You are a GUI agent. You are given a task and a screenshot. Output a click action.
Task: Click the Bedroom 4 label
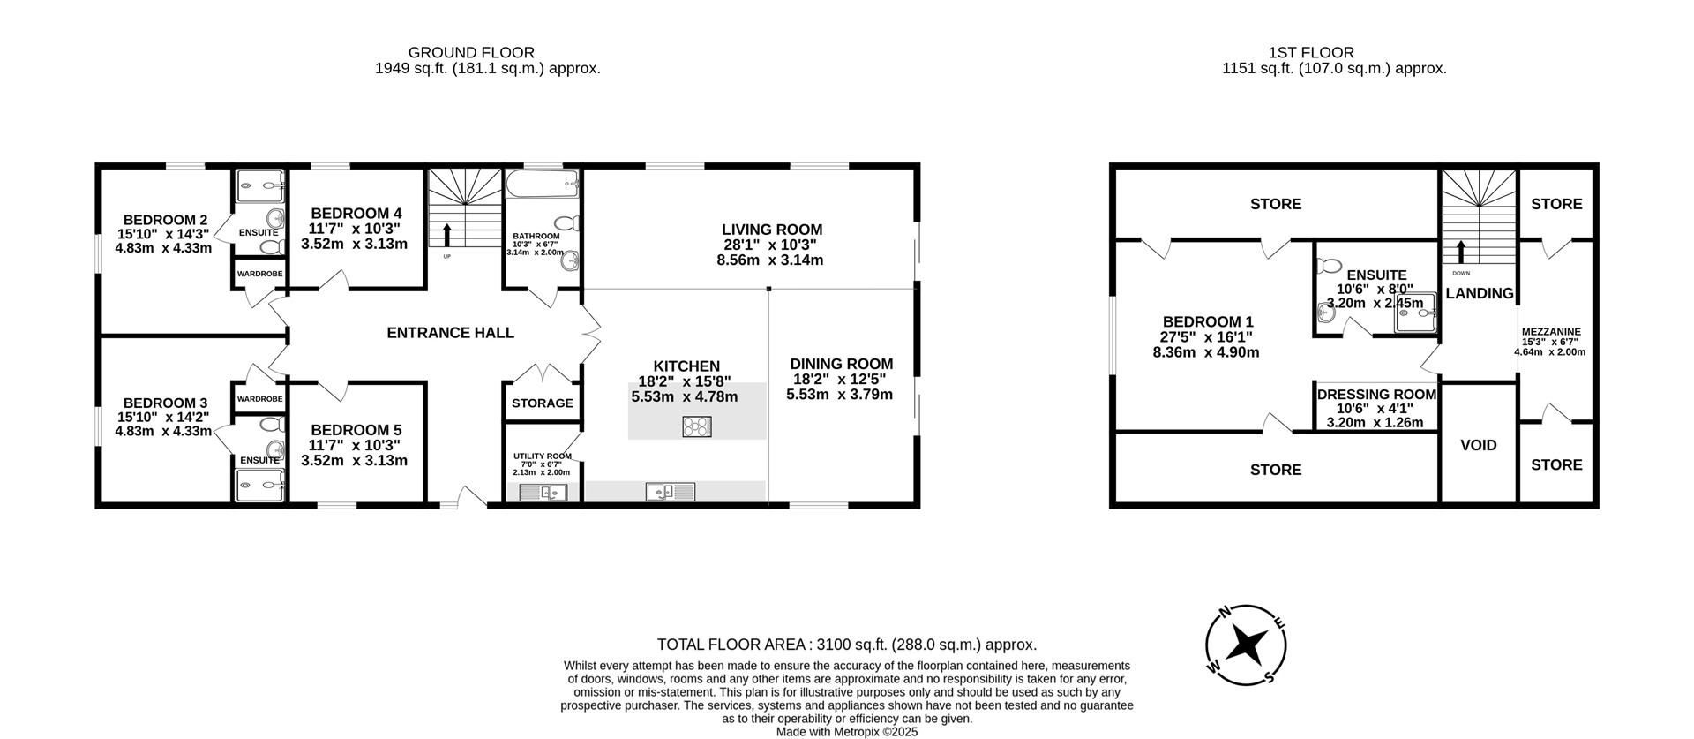pos(356,213)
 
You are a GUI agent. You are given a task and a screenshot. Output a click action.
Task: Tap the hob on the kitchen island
pos(697,427)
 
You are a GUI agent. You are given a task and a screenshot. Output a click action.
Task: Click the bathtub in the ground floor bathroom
pos(542,185)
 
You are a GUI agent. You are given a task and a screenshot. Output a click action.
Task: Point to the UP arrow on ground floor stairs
pos(446,235)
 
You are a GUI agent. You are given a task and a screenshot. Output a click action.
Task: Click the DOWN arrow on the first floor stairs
pos(1461,253)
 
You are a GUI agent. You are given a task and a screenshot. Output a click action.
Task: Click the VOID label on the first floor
pos(1479,445)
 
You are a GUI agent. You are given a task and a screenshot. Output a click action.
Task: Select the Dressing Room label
pos(1376,395)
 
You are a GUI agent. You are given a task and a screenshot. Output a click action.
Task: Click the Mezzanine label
pos(1551,332)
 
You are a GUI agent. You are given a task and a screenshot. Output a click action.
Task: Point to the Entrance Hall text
pos(450,333)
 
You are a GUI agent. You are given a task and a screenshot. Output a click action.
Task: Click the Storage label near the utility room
pos(543,403)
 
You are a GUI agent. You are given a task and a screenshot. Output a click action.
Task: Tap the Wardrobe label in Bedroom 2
pos(259,274)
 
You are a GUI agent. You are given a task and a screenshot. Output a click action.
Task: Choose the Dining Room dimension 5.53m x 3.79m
pos(839,395)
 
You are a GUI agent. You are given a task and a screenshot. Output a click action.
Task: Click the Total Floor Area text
pos(846,645)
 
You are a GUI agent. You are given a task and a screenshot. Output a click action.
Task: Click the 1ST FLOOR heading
pos(1310,53)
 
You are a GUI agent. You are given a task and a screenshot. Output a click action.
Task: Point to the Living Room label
pos(771,230)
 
